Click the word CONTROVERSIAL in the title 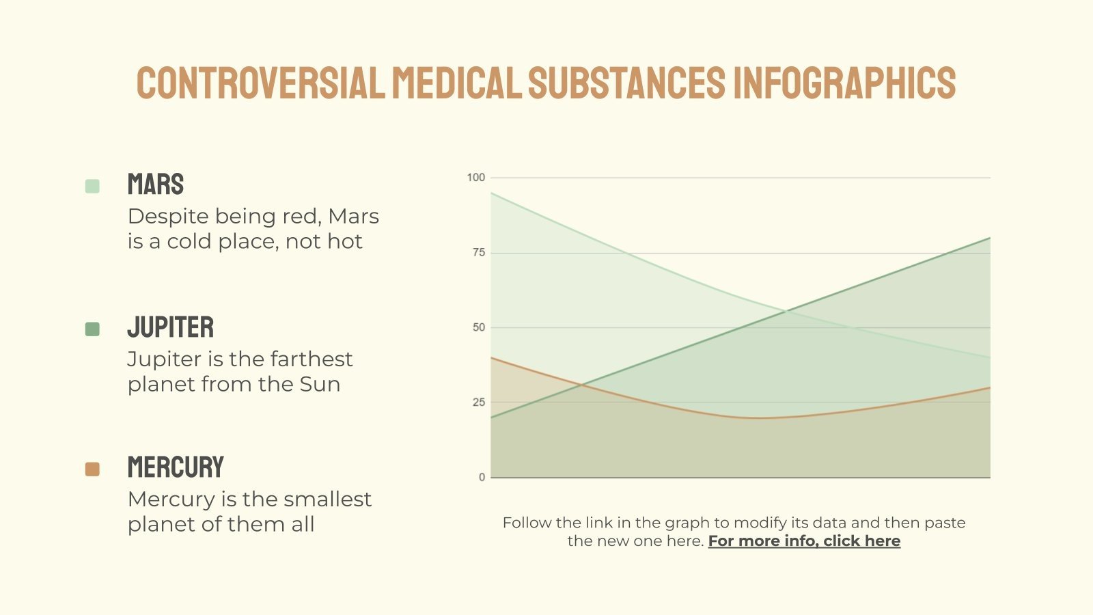coord(260,83)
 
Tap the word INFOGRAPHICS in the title coord(844,83)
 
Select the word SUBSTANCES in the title coord(626,83)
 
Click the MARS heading coord(156,184)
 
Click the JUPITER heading coord(171,327)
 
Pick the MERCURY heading coord(176,467)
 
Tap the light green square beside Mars coord(92,186)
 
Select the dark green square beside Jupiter coord(92,329)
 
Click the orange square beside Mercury coord(92,469)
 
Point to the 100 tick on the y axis coord(475,178)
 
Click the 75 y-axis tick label coord(478,253)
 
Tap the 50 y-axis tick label coord(478,327)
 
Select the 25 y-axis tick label coord(478,402)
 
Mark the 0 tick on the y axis coord(482,477)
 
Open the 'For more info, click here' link coord(804,541)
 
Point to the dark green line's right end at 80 coord(989,238)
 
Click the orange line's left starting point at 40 coord(492,358)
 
